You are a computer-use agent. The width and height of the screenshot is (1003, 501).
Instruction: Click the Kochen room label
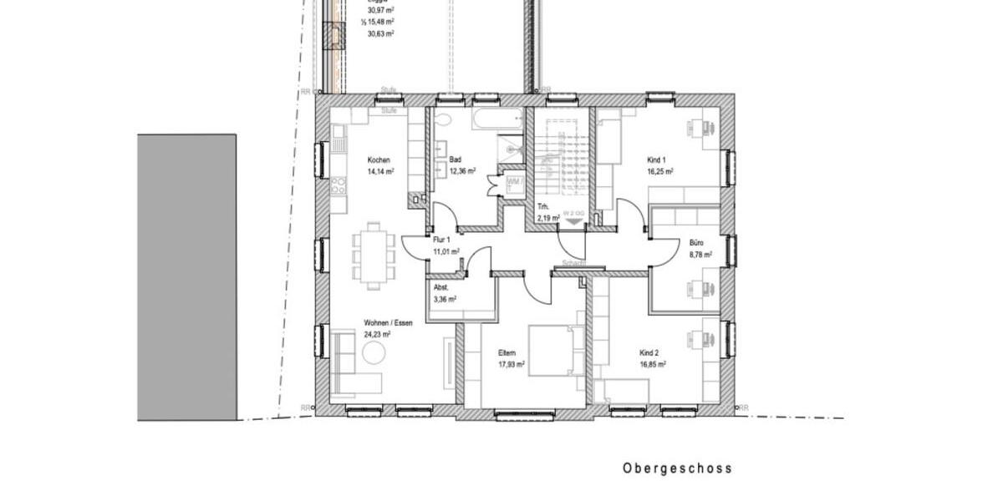coord(379,159)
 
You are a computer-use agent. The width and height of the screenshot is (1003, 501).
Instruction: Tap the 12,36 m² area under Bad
coord(462,170)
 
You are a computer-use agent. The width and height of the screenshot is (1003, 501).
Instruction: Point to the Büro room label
coord(696,243)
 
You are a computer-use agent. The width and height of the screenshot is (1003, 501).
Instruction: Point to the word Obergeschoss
coord(677,468)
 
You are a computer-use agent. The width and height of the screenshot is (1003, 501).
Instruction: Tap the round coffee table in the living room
coord(373,353)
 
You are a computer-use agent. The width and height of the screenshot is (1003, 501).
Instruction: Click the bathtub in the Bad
coord(496,119)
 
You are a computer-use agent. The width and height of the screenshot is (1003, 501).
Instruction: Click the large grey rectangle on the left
coord(186,276)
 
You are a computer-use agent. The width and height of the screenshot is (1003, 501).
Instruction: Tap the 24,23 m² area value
coord(378,333)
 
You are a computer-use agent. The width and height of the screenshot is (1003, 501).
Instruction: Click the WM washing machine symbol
coord(513,184)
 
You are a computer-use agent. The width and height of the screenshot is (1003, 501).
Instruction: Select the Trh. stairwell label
coord(542,206)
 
